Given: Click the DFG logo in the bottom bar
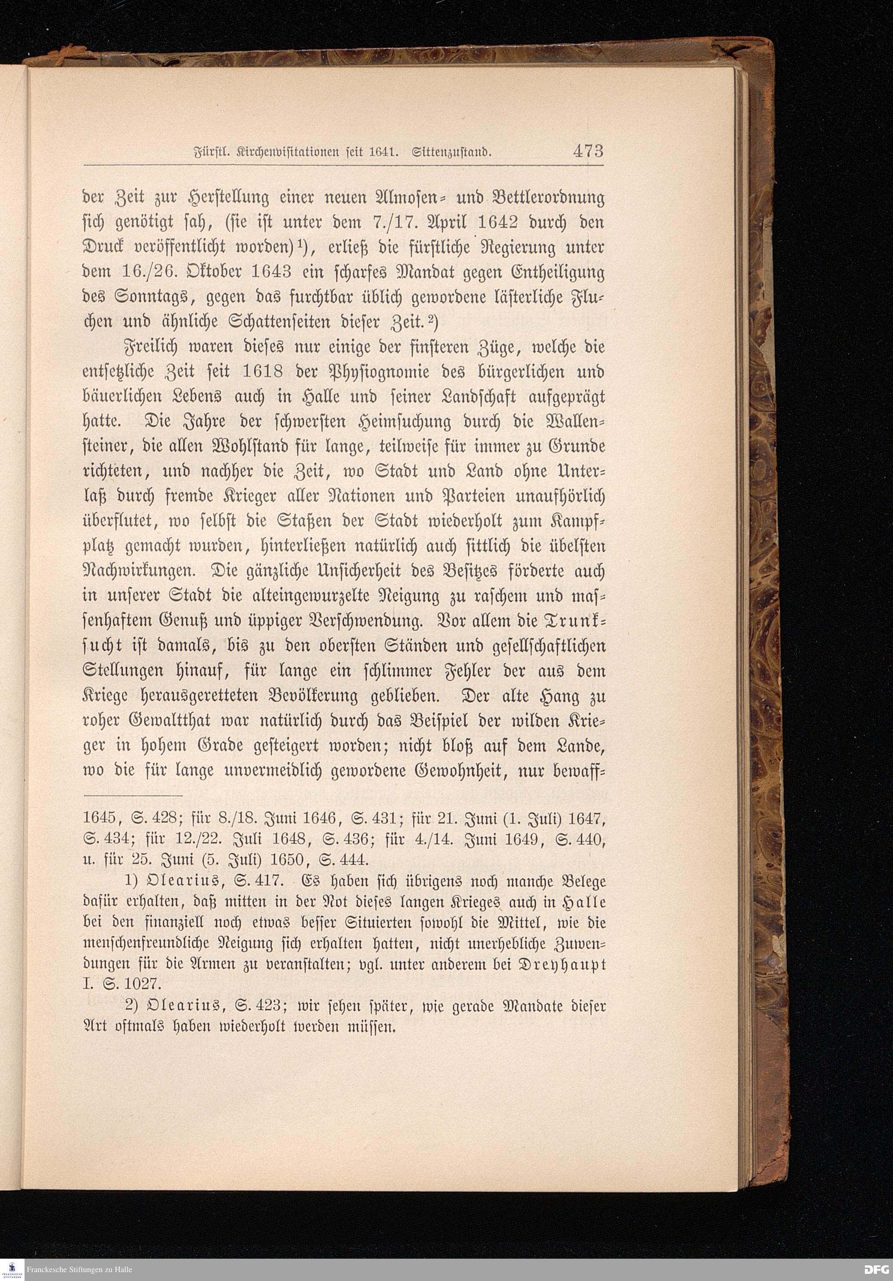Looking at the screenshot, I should (876, 1269).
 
